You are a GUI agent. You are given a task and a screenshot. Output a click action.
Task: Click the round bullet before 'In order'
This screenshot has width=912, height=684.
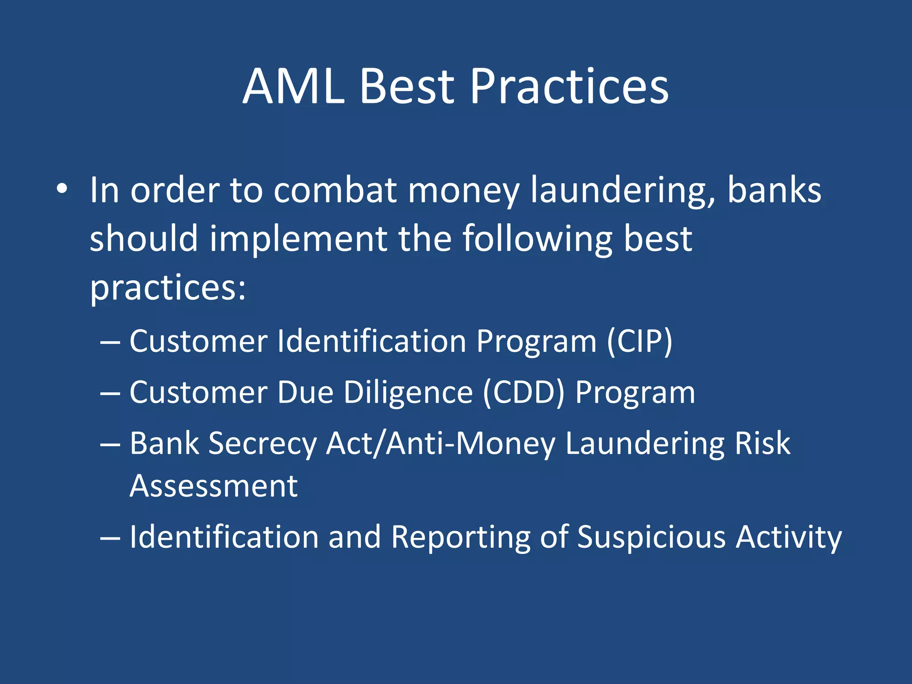tap(62, 190)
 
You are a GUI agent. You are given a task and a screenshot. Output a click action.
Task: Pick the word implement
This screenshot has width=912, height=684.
tap(298, 239)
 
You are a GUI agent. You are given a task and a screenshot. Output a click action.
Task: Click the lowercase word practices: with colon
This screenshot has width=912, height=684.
tap(168, 288)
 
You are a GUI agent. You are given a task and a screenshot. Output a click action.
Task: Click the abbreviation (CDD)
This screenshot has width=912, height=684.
tap(524, 393)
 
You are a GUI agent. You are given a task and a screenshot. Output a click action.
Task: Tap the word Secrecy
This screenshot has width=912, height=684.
tap(262, 444)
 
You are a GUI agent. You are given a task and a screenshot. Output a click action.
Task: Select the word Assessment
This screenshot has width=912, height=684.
tap(213, 486)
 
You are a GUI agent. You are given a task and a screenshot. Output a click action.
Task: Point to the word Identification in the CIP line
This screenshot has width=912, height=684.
tap(371, 342)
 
